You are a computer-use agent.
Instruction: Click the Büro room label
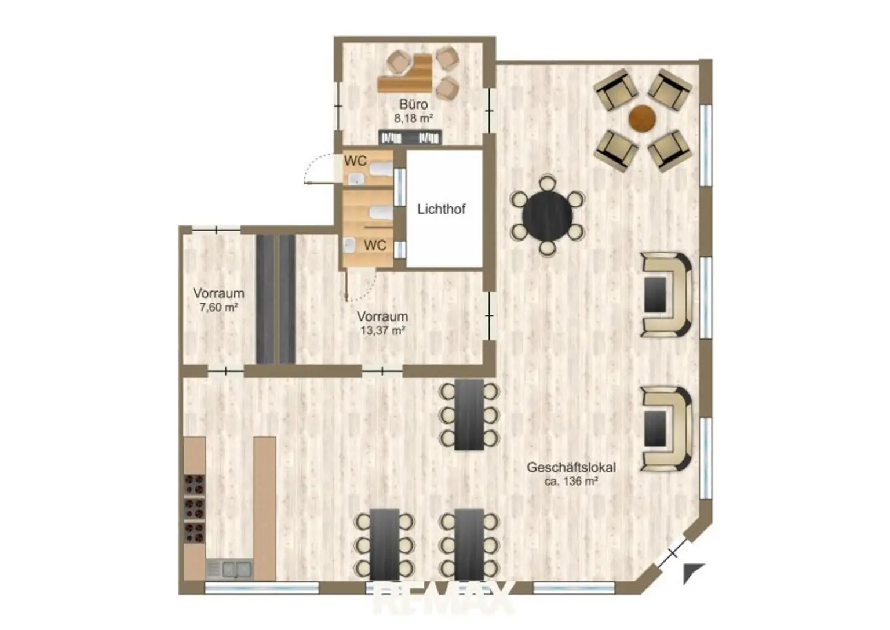414,104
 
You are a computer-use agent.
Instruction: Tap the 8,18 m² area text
413,118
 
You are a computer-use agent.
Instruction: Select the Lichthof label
441,209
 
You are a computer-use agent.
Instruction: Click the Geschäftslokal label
571,468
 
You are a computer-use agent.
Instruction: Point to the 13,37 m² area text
382,330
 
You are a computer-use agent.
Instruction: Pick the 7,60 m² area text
219,307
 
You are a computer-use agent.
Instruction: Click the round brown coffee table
643,118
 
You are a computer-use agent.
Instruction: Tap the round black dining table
548,216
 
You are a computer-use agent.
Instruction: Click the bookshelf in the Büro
410,137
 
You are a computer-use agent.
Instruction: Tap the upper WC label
356,161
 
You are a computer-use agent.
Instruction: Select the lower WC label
375,245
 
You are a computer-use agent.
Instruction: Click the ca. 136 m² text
571,482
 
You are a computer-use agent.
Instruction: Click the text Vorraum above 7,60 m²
219,293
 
